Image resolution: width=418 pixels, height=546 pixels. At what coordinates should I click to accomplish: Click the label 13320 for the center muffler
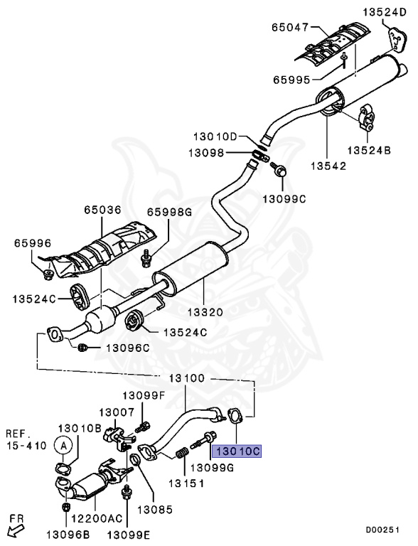pyautogui.click(x=205, y=311)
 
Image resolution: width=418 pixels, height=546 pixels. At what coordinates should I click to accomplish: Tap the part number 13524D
pyautogui.click(x=387, y=12)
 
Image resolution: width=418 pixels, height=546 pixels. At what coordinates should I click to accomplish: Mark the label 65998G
pyautogui.click(x=170, y=211)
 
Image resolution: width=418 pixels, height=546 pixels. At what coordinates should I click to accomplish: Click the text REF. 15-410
pyautogui.click(x=26, y=439)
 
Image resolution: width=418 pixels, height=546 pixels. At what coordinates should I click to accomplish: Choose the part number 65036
pyautogui.click(x=103, y=211)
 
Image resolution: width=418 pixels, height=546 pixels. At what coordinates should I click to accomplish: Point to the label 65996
pyautogui.click(x=33, y=243)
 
